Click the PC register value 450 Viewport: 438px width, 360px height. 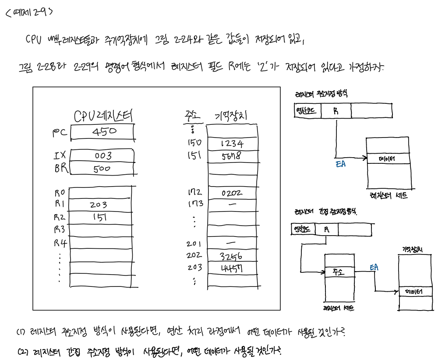(104, 131)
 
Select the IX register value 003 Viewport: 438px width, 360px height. (103, 156)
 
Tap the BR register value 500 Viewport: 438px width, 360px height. (102, 169)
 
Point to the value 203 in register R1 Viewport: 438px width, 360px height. (98, 205)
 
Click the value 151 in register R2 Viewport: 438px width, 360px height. (100, 216)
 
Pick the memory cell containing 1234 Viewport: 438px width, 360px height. (232, 144)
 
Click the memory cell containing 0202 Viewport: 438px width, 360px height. (232, 193)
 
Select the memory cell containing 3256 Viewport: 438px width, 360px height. (232, 256)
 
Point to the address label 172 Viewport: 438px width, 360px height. (194, 192)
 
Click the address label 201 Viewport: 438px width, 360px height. (194, 244)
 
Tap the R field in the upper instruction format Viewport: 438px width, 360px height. (336, 111)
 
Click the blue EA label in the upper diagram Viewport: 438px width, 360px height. (340, 164)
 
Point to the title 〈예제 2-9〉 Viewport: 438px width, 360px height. (29, 12)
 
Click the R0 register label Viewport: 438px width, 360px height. (60, 192)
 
